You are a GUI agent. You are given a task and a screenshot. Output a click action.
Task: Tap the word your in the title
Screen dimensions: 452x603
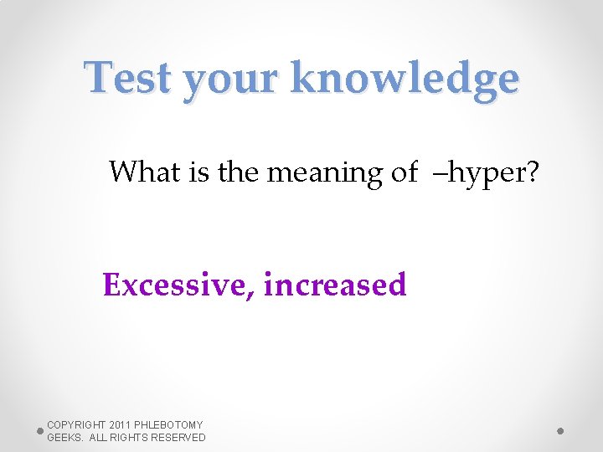229,81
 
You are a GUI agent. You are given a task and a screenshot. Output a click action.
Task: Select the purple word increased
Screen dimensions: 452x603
335,285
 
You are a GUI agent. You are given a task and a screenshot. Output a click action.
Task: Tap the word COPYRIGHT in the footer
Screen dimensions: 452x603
75,425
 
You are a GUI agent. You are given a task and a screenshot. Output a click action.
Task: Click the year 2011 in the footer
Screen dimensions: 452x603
120,425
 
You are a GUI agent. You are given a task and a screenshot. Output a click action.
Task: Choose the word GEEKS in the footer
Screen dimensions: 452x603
63,438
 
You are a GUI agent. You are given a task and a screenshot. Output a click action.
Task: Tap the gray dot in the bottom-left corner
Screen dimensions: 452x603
39,431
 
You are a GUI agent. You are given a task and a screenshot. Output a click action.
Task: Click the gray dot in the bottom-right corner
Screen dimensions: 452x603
560,431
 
